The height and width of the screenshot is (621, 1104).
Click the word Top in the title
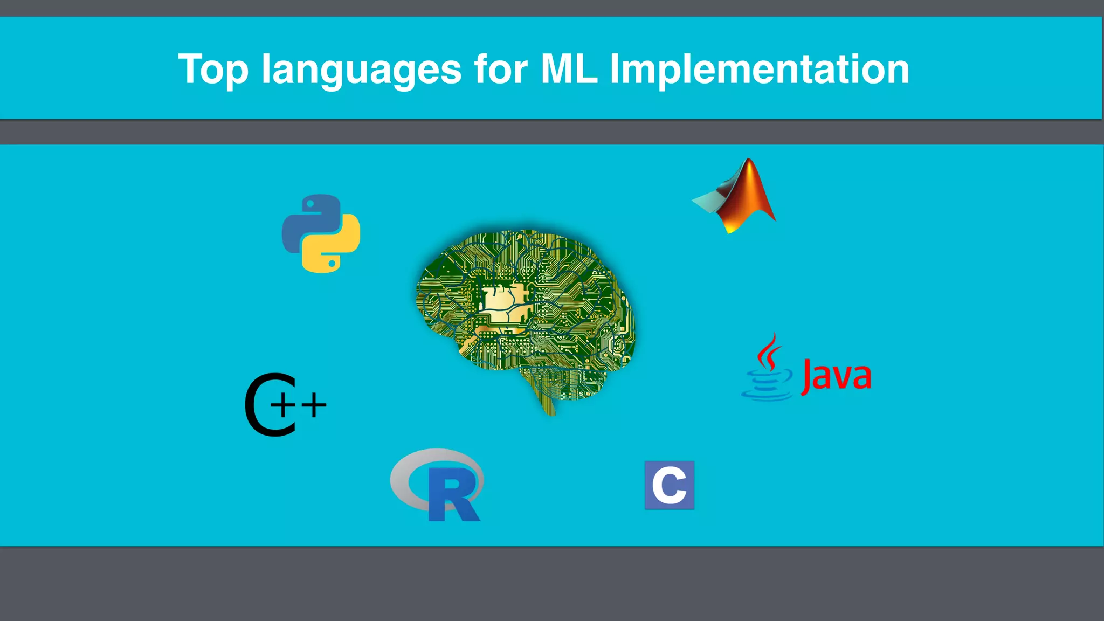[x=213, y=69]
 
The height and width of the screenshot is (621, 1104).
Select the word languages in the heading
[x=361, y=70]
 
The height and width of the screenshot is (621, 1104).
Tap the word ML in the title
[x=569, y=69]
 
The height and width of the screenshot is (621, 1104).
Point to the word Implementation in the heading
[x=759, y=70]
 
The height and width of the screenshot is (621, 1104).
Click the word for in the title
[x=501, y=69]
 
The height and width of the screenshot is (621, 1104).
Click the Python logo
[x=321, y=233]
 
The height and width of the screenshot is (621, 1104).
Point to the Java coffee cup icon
[x=767, y=385]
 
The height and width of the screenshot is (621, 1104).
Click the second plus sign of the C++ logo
[x=314, y=405]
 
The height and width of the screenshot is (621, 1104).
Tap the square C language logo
[x=669, y=485]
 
